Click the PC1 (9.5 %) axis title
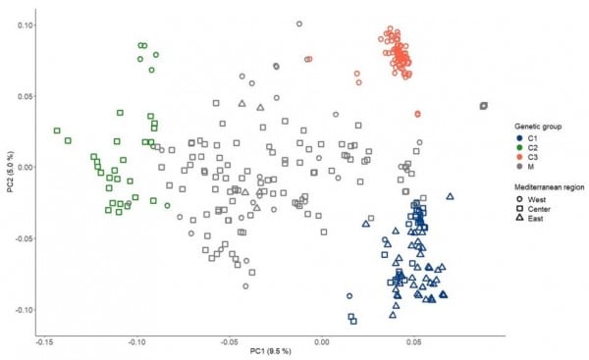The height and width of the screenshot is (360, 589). tap(271, 351)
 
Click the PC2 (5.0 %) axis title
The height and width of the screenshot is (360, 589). tap(11, 172)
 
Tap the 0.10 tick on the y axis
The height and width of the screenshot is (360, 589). tap(25, 26)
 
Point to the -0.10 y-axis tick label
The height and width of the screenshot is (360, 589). tap(24, 310)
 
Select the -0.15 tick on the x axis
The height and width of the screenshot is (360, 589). tap(44, 342)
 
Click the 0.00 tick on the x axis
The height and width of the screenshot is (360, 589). tap(322, 342)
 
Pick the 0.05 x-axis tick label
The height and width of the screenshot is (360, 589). tap(414, 342)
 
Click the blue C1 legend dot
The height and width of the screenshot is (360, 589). tap(520, 138)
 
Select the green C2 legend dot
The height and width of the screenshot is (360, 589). tap(520, 148)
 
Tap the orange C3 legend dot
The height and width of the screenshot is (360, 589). tap(520, 157)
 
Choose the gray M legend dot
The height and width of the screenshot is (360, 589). tap(520, 167)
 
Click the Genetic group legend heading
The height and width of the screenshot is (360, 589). tap(538, 127)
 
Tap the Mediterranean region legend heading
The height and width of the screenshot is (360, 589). tap(549, 187)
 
